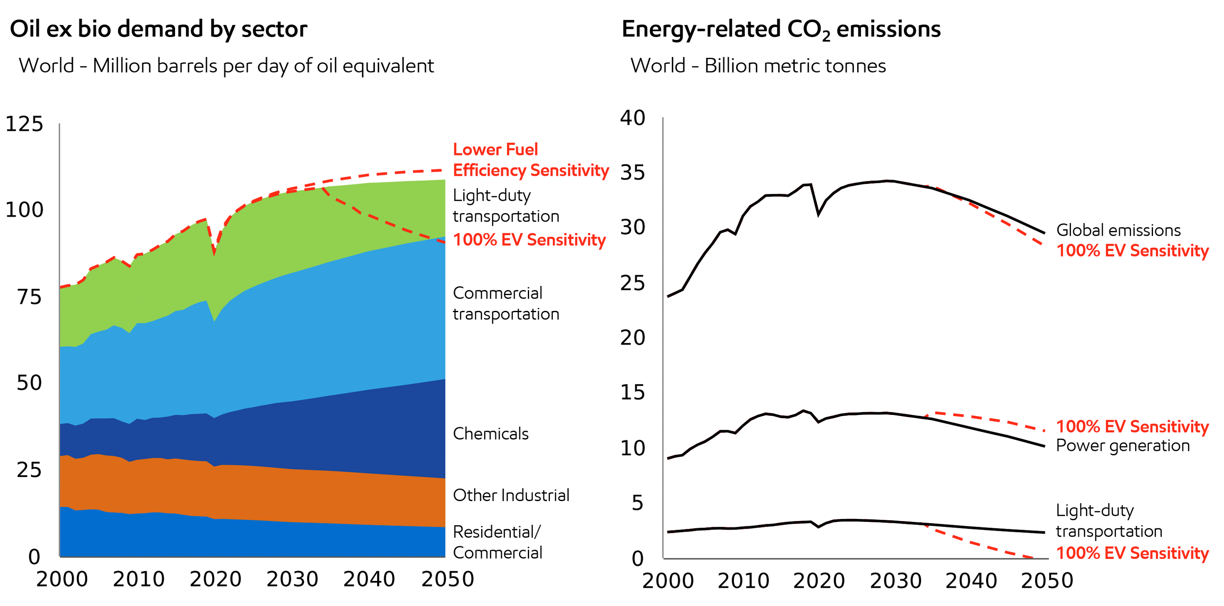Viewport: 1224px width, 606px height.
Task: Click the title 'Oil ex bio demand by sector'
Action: [x=158, y=29]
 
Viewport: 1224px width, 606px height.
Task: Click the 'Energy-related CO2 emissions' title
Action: [x=781, y=29]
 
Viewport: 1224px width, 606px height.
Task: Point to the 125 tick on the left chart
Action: [x=24, y=124]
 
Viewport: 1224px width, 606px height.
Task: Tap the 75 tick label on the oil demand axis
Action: [x=29, y=297]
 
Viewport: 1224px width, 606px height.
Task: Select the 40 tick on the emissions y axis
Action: [x=632, y=118]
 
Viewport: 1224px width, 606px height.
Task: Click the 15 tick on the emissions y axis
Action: [x=632, y=392]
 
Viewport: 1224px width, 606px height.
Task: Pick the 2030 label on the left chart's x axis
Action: [x=292, y=579]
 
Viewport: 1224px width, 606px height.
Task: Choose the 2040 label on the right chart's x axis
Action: [x=971, y=581]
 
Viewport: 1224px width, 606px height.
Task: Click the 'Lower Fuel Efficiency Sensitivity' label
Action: [x=530, y=160]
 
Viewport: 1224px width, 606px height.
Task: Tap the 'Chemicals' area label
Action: [x=490, y=434]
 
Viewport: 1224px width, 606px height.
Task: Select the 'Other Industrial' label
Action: [x=511, y=495]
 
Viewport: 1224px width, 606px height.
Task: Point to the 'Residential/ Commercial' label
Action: [x=497, y=542]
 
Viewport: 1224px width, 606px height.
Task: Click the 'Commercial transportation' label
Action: [x=506, y=304]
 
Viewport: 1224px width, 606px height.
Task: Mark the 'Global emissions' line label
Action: [x=1118, y=230]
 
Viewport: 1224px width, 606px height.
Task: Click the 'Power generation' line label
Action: [x=1122, y=445]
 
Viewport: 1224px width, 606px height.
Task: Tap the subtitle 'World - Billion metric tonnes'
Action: [x=758, y=65]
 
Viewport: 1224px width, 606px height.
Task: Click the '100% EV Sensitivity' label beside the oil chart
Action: [x=529, y=240]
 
